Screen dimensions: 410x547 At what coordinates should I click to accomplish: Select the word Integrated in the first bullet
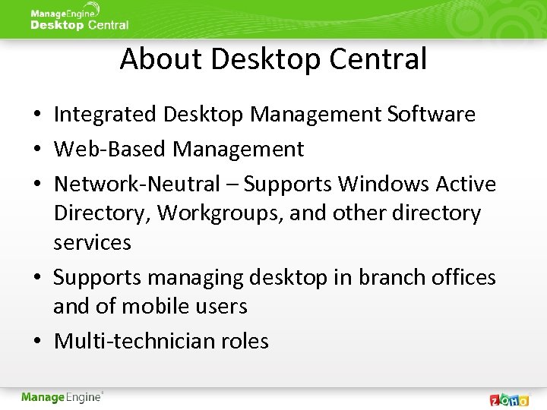(105, 115)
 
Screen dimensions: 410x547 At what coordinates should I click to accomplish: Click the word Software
(431, 115)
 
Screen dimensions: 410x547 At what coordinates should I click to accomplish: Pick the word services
(92, 243)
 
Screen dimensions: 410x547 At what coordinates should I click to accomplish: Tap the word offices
(464, 278)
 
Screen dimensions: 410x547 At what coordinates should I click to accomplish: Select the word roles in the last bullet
(245, 341)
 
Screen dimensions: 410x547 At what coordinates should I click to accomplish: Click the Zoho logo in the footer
(509, 399)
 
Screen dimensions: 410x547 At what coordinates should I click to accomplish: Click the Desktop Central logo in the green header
(79, 18)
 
